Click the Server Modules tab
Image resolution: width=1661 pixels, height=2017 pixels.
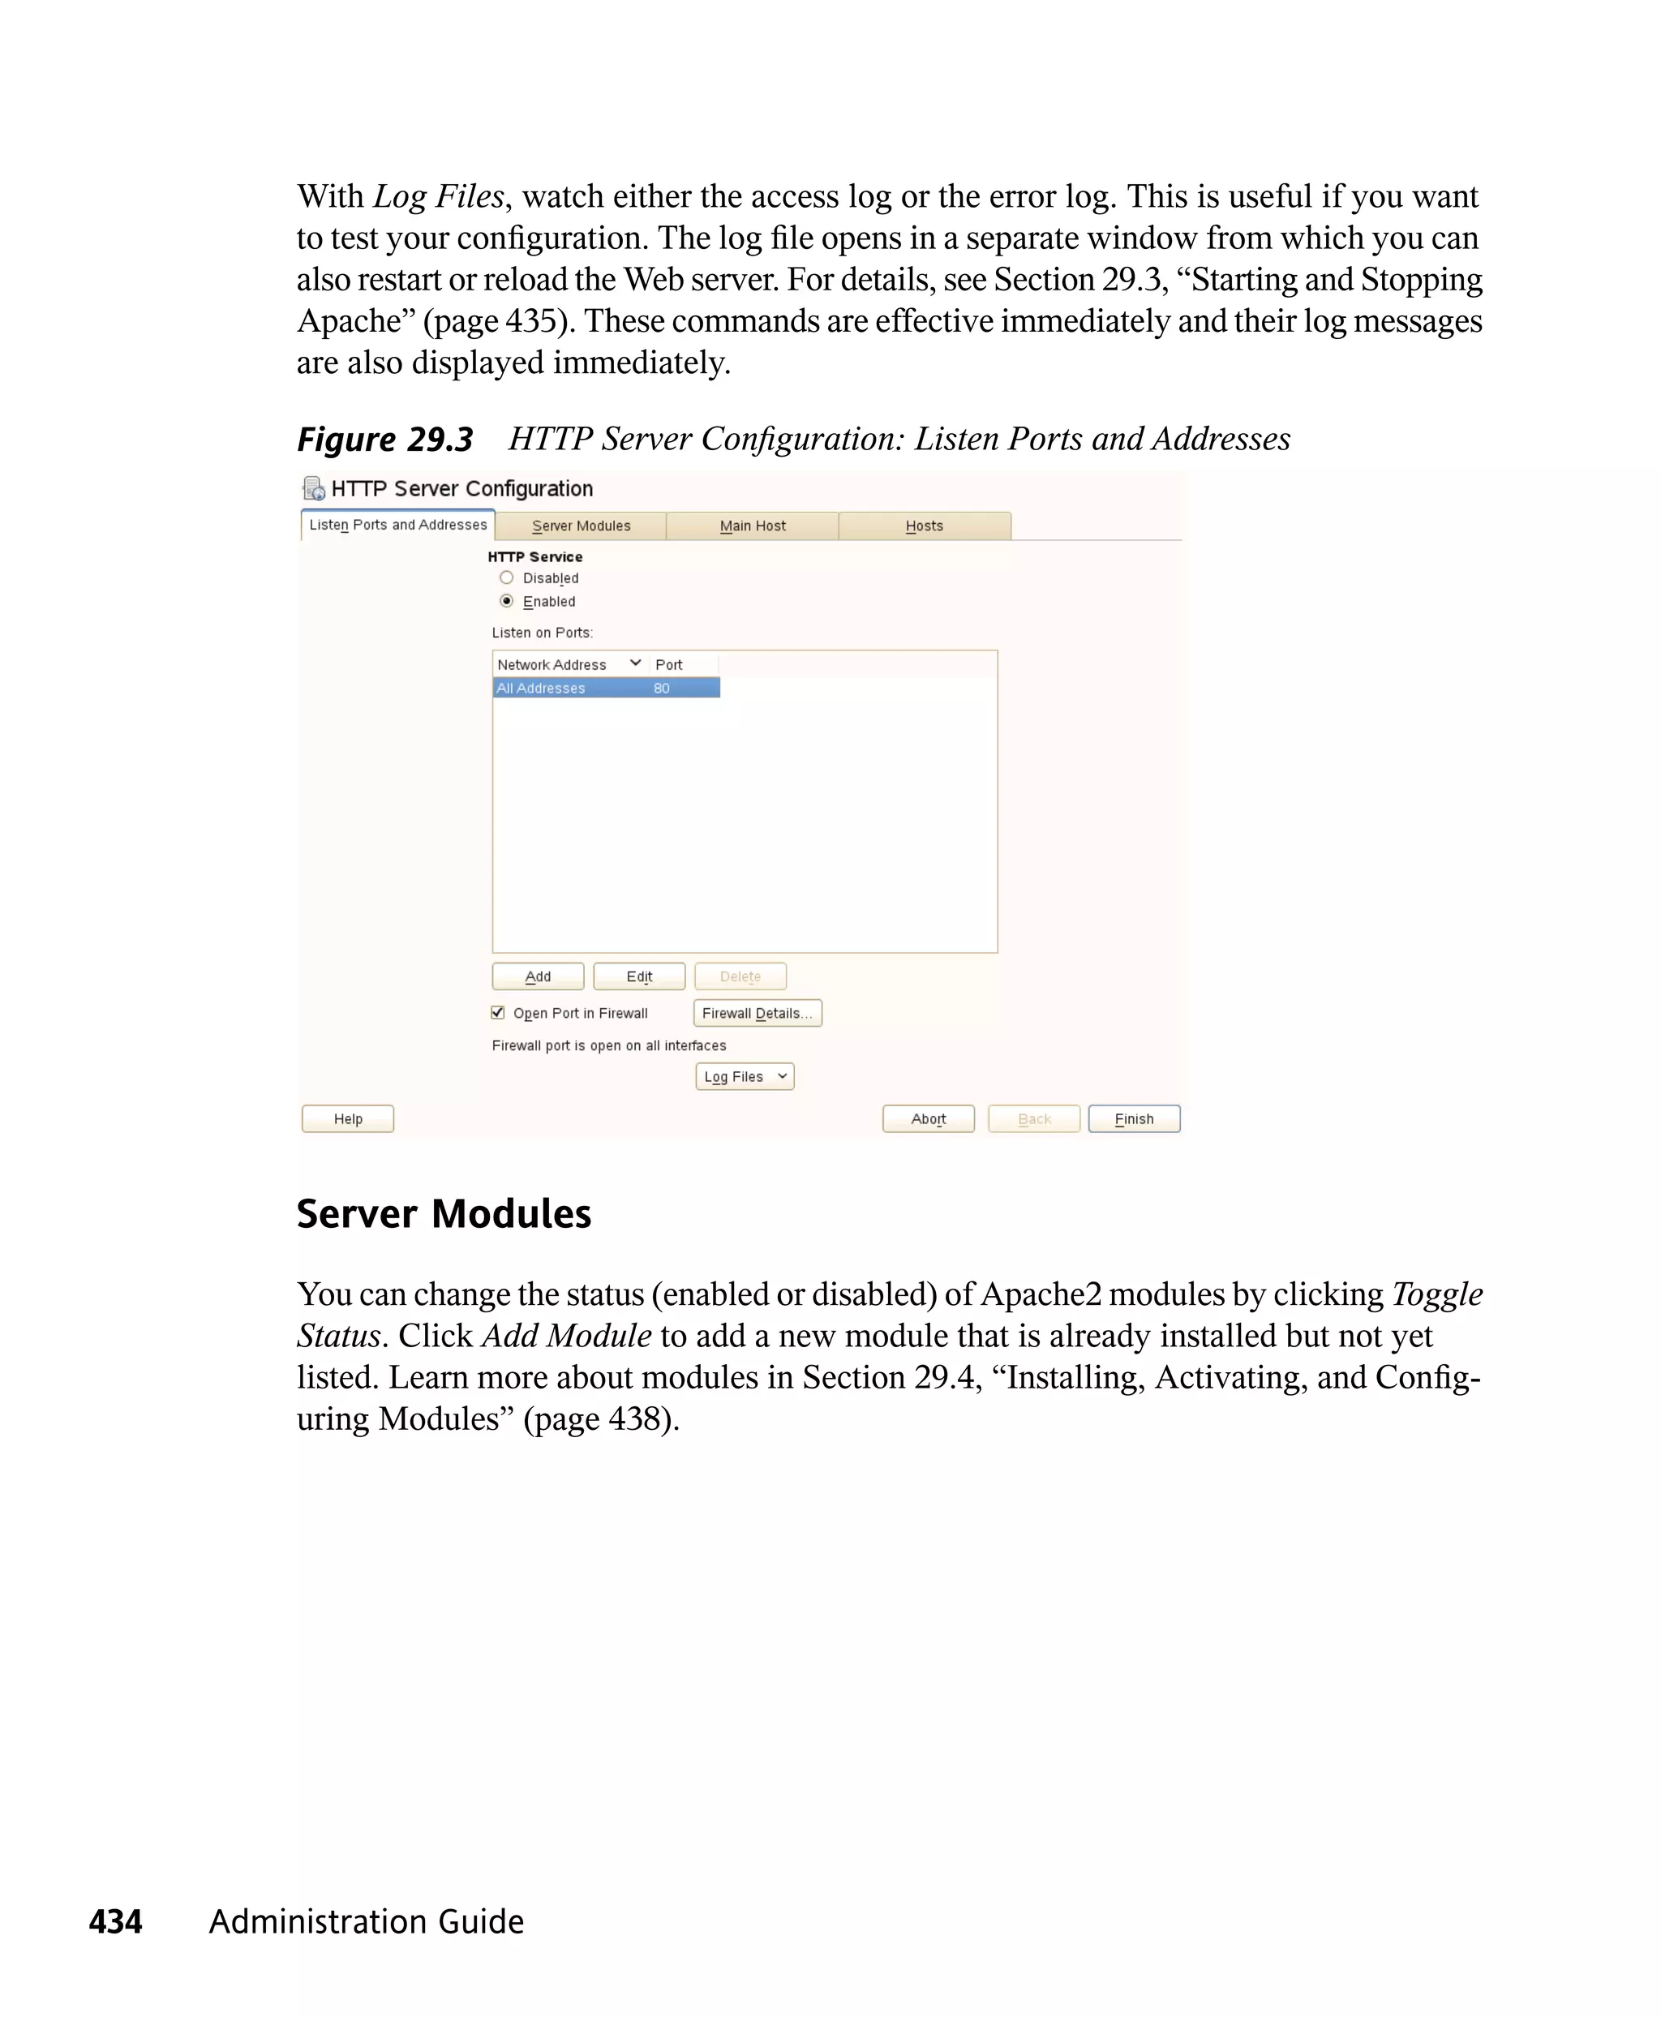(x=581, y=526)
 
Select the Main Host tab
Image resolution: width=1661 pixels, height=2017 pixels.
(x=752, y=526)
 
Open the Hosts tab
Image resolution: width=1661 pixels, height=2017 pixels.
(x=925, y=526)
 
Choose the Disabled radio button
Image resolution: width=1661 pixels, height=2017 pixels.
(x=507, y=578)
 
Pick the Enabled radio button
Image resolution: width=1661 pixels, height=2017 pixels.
(x=507, y=601)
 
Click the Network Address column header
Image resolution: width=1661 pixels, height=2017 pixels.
(x=552, y=664)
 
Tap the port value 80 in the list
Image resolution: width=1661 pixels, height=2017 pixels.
(x=661, y=688)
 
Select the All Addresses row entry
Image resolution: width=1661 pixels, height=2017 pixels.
(x=541, y=688)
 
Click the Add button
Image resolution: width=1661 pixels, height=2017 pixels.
(x=538, y=976)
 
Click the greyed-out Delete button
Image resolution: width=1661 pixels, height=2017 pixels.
(x=740, y=976)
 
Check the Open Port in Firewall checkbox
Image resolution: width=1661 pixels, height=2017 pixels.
(x=497, y=1012)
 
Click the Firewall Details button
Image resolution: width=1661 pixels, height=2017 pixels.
(x=757, y=1012)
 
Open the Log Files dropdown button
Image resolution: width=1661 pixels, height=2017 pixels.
(x=745, y=1076)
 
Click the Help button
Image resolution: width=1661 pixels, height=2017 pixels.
(x=348, y=1118)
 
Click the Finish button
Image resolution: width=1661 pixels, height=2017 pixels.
(x=1134, y=1118)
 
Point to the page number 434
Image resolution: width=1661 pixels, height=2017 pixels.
(x=116, y=1921)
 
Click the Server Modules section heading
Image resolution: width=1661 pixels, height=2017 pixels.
(x=444, y=1213)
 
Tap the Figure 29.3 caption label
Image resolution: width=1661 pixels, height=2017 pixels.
(x=384, y=440)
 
